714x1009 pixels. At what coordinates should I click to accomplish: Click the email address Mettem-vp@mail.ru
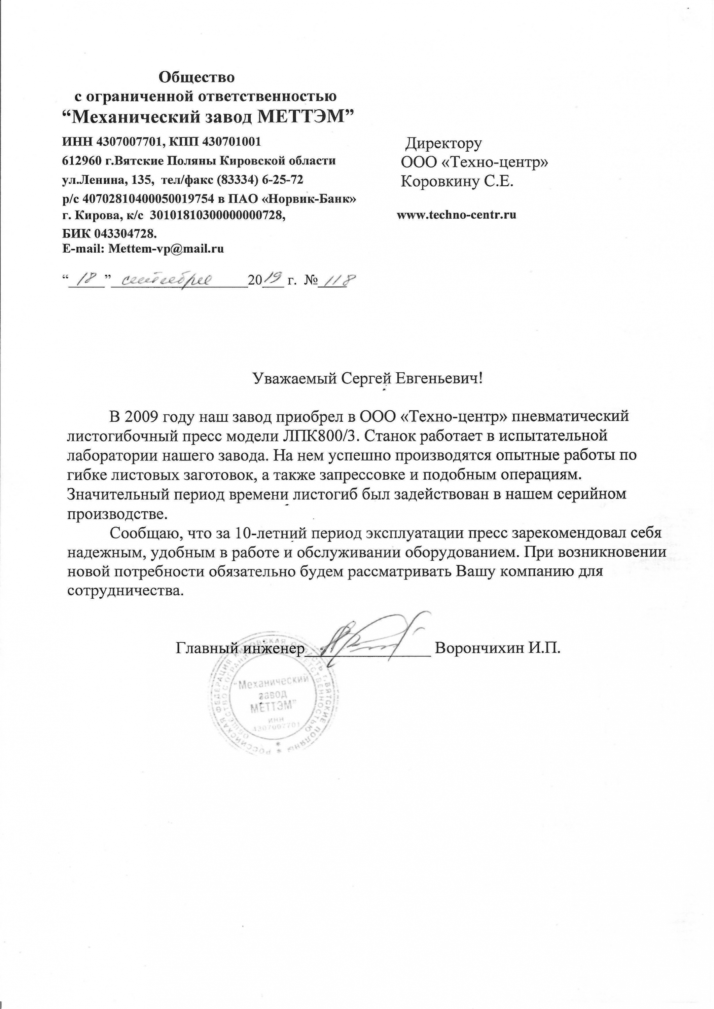tap(166, 249)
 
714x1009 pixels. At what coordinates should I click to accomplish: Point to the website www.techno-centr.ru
tap(456, 215)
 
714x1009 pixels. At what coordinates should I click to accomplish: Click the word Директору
tap(443, 143)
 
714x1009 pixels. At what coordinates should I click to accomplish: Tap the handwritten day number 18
tap(86, 279)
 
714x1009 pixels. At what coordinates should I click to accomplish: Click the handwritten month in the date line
tap(166, 280)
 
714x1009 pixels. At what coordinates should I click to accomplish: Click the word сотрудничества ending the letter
tap(124, 591)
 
